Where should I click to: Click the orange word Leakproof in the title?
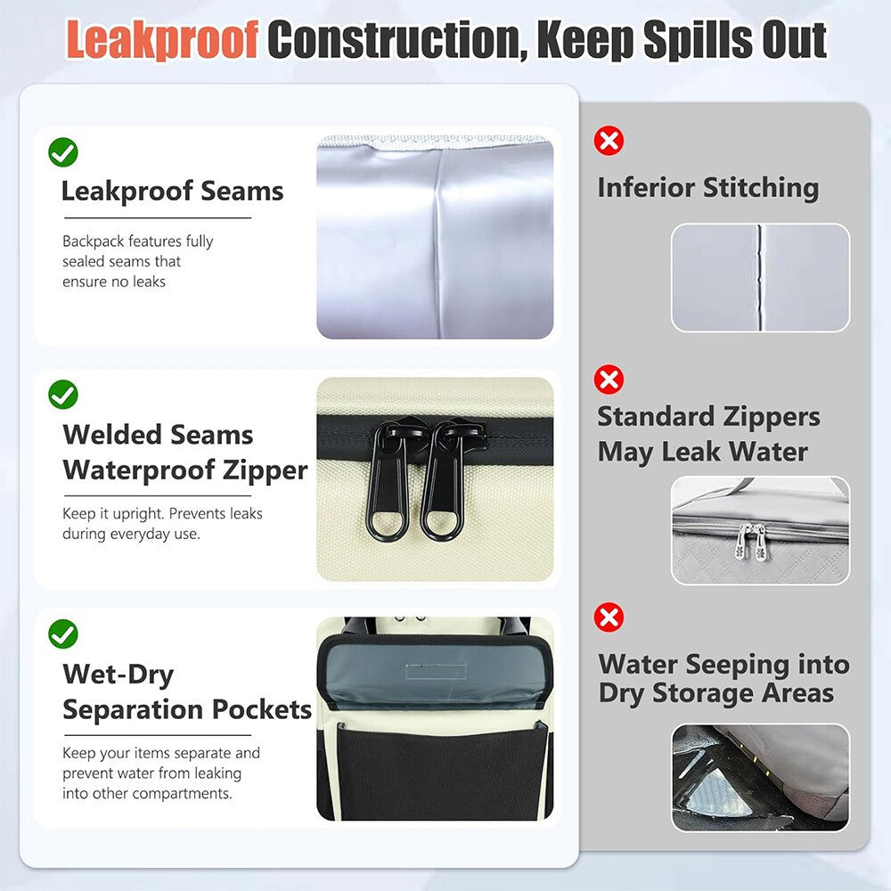click(x=162, y=39)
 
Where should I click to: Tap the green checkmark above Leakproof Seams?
click(x=63, y=152)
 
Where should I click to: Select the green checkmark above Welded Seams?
click(x=63, y=395)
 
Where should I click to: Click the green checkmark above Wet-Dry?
click(x=63, y=634)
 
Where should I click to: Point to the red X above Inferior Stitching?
click(x=609, y=141)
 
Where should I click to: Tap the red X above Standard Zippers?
click(x=609, y=379)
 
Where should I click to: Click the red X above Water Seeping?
click(x=609, y=617)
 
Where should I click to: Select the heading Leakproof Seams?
click(x=172, y=191)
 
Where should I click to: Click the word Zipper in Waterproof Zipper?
click(x=265, y=471)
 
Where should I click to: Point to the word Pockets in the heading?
click(x=261, y=709)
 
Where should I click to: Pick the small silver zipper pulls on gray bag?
click(x=751, y=542)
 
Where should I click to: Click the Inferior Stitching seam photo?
click(x=760, y=278)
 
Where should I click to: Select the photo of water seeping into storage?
click(x=760, y=777)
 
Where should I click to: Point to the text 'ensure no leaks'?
click(x=114, y=282)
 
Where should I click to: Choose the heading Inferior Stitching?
click(x=708, y=187)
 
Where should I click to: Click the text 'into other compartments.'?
click(x=147, y=793)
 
